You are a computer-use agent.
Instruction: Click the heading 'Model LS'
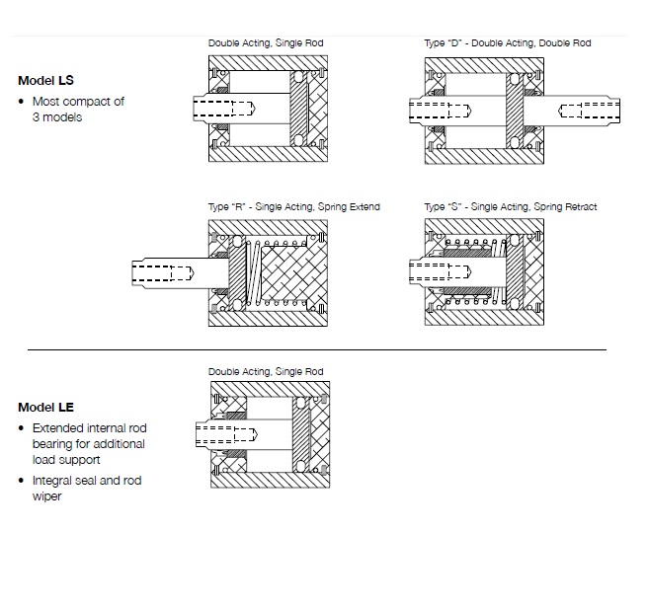pyautogui.click(x=45, y=81)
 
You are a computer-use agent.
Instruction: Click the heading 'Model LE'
pyautogui.click(x=45, y=407)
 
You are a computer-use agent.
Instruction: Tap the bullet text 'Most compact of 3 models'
pyautogui.click(x=78, y=109)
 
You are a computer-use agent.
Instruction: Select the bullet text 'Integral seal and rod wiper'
pyautogui.click(x=87, y=488)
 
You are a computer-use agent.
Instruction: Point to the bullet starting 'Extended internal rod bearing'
pyautogui.click(x=89, y=444)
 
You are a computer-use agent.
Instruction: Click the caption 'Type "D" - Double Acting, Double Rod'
pyautogui.click(x=507, y=43)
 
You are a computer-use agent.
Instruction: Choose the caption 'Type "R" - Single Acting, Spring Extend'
pyautogui.click(x=293, y=207)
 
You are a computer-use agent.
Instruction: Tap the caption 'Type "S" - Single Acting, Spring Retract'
pyautogui.click(x=510, y=207)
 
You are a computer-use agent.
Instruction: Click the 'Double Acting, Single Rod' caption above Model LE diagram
pyautogui.click(x=266, y=371)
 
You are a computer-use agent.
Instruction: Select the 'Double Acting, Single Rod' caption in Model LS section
pyautogui.click(x=266, y=43)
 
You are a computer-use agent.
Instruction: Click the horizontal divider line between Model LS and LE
pyautogui.click(x=316, y=349)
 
